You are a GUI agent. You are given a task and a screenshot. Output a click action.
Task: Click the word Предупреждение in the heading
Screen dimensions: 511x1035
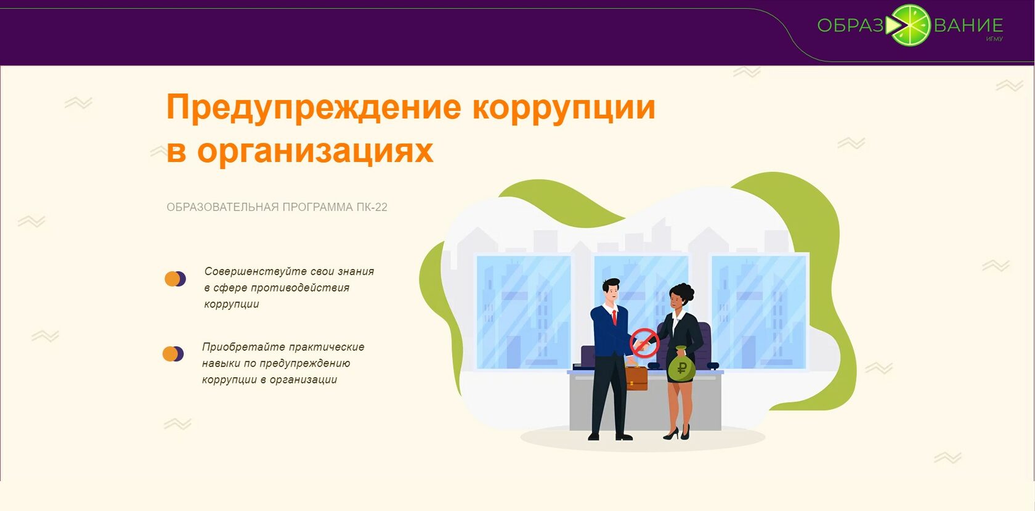314,107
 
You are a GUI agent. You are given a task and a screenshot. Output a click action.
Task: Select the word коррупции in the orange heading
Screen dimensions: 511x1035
564,107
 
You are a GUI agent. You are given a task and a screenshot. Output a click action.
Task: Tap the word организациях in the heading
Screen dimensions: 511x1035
315,151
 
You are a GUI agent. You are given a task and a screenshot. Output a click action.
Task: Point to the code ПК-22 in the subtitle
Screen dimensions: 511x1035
371,207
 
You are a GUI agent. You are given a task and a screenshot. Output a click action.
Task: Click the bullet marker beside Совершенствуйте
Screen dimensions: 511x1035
175,279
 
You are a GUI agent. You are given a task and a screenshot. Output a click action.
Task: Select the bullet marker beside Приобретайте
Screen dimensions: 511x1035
173,354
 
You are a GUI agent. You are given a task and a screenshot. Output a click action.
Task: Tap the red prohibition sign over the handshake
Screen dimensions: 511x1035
644,342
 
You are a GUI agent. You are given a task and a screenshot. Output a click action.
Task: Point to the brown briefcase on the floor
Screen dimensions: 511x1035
636,377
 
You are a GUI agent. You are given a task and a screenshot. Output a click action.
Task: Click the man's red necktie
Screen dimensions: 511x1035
614,317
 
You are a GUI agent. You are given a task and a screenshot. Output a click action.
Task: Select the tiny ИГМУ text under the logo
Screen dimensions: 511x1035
994,39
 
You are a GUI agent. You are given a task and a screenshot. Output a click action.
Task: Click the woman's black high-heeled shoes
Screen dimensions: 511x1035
677,433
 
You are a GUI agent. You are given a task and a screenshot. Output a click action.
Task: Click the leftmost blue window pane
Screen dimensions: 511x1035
523,311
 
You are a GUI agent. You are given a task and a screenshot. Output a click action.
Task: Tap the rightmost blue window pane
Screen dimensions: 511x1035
758,311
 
